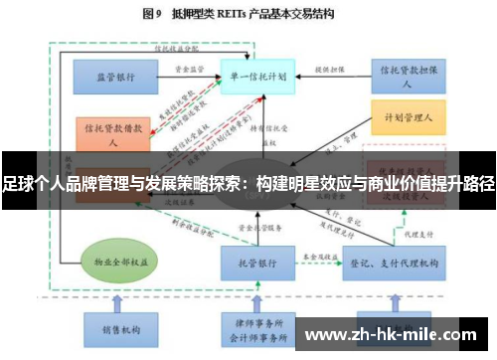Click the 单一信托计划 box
pos(257,75)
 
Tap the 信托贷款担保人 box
pos(407,75)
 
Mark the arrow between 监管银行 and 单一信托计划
pos(189,77)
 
